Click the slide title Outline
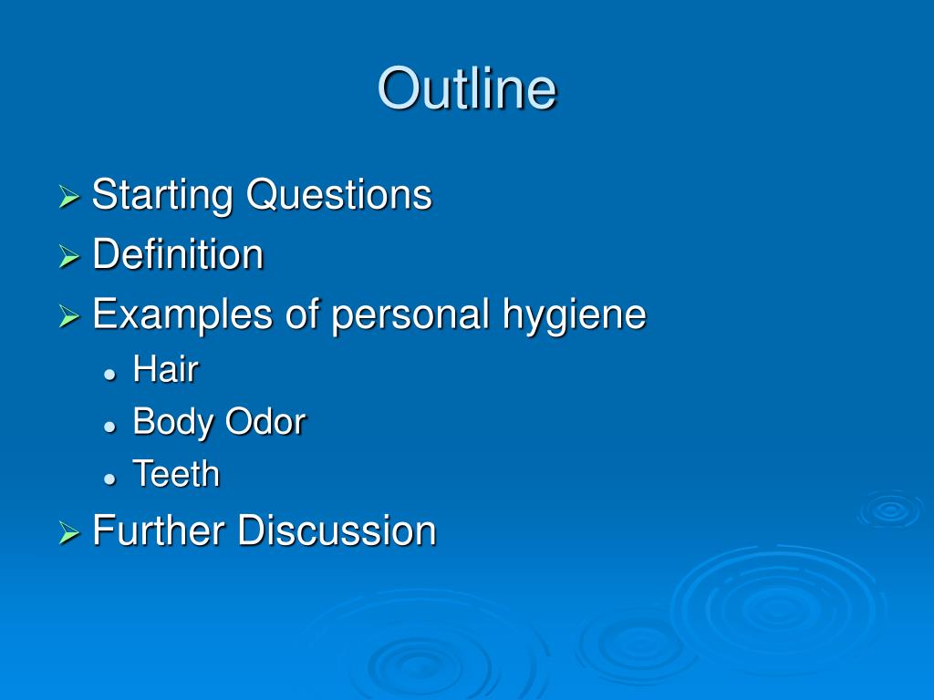click(467, 89)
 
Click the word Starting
click(162, 195)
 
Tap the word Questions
click(338, 195)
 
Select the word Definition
click(178, 254)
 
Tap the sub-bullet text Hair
click(165, 370)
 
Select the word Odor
click(265, 422)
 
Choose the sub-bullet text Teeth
click(176, 475)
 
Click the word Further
click(159, 530)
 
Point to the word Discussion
click(337, 530)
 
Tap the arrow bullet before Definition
click(69, 257)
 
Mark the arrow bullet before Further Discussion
click(69, 533)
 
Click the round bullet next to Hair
click(109, 374)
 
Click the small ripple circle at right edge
click(890, 510)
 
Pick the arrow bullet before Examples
click(69, 317)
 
